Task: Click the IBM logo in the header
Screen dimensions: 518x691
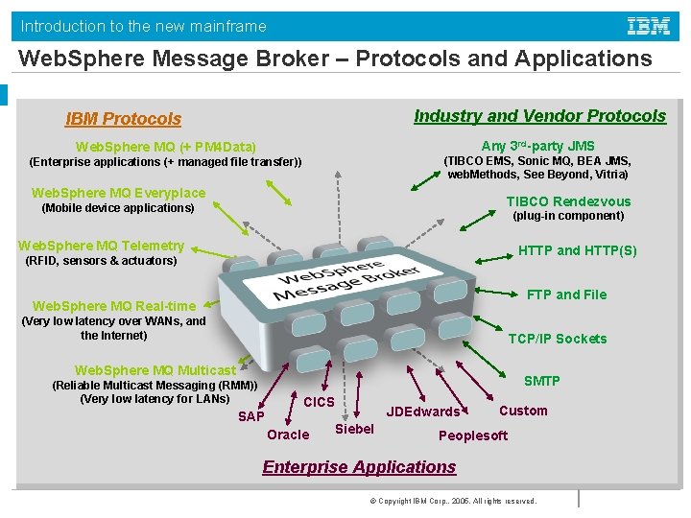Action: pyautogui.click(x=649, y=26)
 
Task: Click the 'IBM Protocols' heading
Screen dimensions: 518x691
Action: pyautogui.click(x=123, y=119)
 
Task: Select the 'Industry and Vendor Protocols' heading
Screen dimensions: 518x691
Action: pyautogui.click(x=539, y=116)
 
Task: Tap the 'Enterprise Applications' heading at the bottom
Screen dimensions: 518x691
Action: pyautogui.click(x=359, y=467)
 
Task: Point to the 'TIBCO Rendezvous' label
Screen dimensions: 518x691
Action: pyautogui.click(x=568, y=201)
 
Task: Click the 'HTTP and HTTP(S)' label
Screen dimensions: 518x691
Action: pyautogui.click(x=577, y=250)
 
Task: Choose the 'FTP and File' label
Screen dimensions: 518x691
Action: pyautogui.click(x=566, y=294)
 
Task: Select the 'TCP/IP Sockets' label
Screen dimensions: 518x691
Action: pyautogui.click(x=557, y=339)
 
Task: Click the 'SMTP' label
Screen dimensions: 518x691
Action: pyautogui.click(x=541, y=381)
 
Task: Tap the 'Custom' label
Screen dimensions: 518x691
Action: pyautogui.click(x=523, y=411)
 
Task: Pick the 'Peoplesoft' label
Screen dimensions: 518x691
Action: pyautogui.click(x=473, y=436)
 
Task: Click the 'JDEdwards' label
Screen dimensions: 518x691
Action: pyautogui.click(x=422, y=412)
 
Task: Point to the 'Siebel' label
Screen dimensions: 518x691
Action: pyautogui.click(x=354, y=429)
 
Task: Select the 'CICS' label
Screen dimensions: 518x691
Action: pyautogui.click(x=319, y=402)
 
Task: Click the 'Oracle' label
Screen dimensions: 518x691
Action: pyautogui.click(x=288, y=435)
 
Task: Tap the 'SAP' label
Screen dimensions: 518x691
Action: pyautogui.click(x=251, y=416)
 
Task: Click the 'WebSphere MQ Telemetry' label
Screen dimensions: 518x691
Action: pyautogui.click(x=101, y=246)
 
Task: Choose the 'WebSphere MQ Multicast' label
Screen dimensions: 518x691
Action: pyautogui.click(x=155, y=370)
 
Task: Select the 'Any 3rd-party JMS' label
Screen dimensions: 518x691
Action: pyautogui.click(x=537, y=146)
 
